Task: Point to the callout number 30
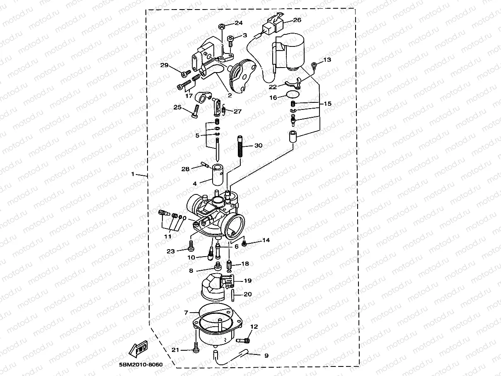coord(258,146)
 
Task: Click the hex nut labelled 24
coord(222,27)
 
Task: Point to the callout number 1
coord(133,174)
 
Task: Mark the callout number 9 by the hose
coord(266,355)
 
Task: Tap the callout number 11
coord(167,236)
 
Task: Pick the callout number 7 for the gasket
coord(186,312)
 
